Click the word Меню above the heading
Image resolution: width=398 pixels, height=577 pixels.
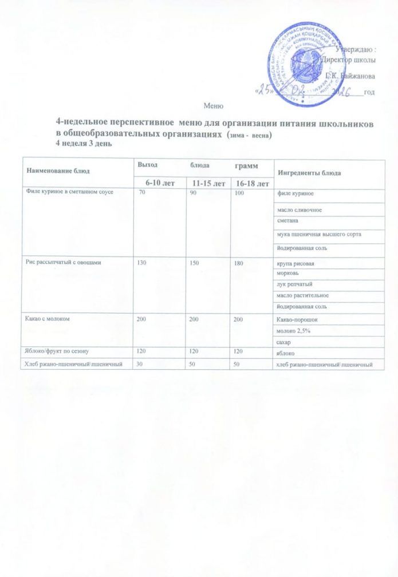(x=211, y=106)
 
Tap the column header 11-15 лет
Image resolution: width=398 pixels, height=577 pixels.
(x=208, y=183)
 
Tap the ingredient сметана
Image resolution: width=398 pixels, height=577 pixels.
(x=286, y=220)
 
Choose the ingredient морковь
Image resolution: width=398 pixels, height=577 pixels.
(x=287, y=273)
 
